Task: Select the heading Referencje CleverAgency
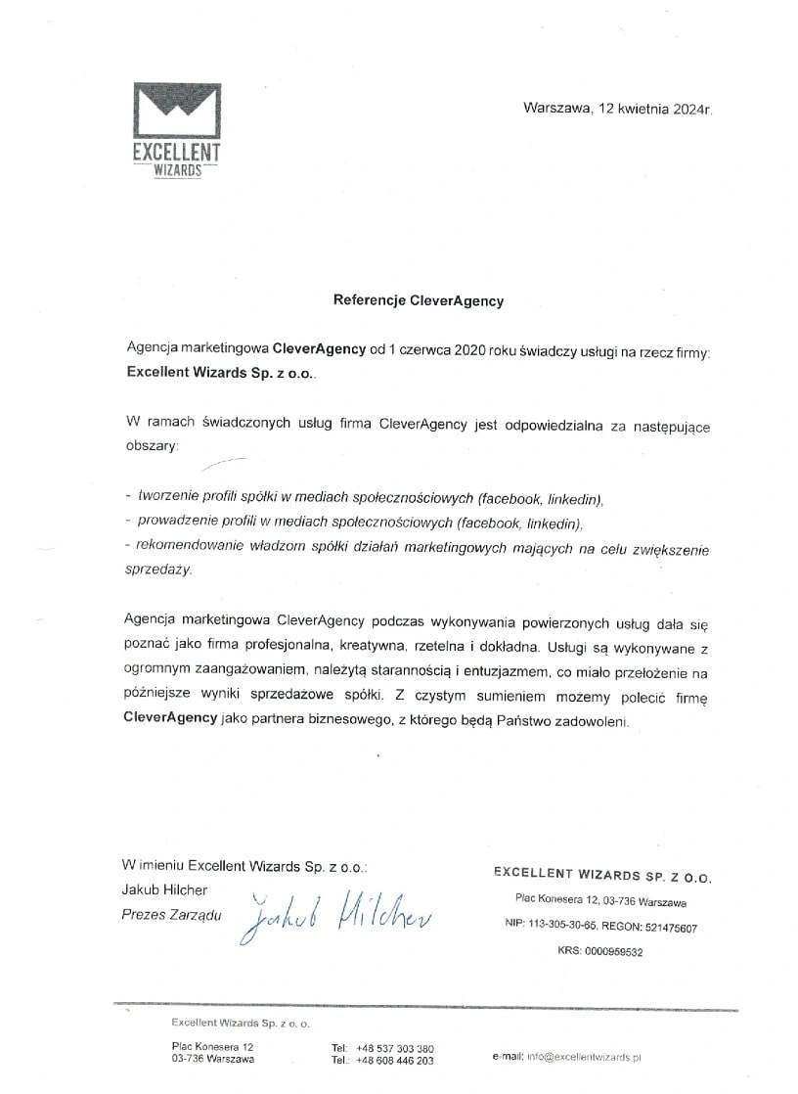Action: pyautogui.click(x=419, y=300)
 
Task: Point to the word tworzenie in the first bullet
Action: pyautogui.click(x=169, y=497)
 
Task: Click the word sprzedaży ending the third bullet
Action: pyautogui.click(x=159, y=570)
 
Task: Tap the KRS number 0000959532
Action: pyautogui.click(x=612, y=951)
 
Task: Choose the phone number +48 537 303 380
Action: pyautogui.click(x=395, y=1048)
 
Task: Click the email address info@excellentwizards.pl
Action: pyautogui.click(x=583, y=1057)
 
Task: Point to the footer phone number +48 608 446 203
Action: pyautogui.click(x=395, y=1061)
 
